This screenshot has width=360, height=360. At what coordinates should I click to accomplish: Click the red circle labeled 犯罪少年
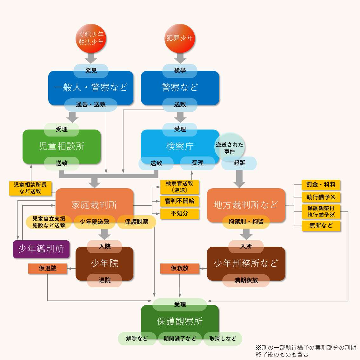(x=180, y=38)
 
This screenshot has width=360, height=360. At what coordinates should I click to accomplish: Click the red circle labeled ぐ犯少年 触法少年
(x=91, y=38)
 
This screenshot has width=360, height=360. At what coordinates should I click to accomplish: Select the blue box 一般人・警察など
(x=91, y=87)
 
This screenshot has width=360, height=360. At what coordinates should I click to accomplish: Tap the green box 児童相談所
(x=62, y=146)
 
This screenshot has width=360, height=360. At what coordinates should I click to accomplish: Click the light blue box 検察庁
(x=180, y=146)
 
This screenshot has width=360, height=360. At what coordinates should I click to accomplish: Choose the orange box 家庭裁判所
(x=94, y=204)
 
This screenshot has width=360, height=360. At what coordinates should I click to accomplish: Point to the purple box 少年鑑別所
(x=41, y=249)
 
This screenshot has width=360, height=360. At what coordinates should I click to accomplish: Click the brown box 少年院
(x=104, y=263)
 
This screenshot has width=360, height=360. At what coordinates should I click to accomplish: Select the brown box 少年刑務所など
(x=246, y=263)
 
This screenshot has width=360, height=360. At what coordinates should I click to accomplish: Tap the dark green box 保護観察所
(x=180, y=321)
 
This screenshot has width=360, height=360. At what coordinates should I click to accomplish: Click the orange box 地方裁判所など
(x=246, y=205)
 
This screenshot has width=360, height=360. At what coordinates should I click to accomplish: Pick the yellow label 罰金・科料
(x=321, y=184)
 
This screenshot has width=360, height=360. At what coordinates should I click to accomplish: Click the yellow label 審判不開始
(x=179, y=201)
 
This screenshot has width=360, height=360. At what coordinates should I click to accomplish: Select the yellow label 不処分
(x=179, y=213)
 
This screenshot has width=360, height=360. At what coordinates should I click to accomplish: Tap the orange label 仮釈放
(x=180, y=268)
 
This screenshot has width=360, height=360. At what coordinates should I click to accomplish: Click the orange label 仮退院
(x=48, y=268)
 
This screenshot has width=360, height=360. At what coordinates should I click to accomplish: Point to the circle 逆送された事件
(x=230, y=148)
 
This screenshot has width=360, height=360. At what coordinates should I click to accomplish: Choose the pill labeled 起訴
(x=239, y=163)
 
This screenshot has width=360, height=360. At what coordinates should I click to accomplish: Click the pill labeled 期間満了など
(x=180, y=339)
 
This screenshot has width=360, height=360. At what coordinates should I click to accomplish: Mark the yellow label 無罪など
(x=321, y=225)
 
